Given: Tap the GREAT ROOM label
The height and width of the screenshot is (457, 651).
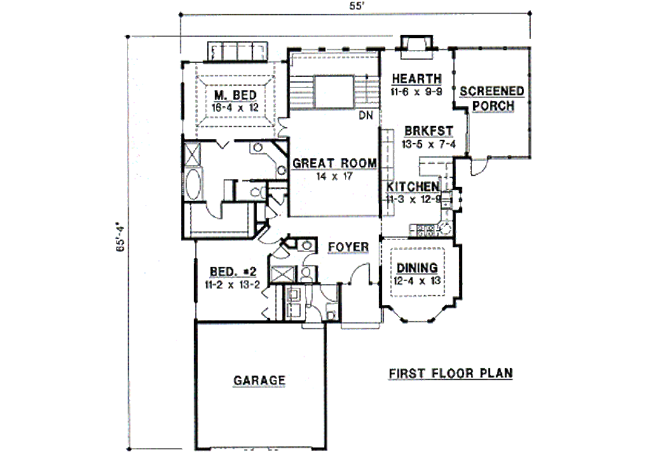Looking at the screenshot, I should (334, 163).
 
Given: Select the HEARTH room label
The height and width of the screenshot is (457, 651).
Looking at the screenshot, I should (416, 79).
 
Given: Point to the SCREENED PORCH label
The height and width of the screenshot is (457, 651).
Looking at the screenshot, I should (493, 99).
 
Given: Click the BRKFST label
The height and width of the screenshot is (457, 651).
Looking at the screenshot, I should (428, 131).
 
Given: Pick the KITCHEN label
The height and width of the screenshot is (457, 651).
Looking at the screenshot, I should (413, 186).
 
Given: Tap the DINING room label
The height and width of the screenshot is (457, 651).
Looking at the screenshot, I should (417, 268).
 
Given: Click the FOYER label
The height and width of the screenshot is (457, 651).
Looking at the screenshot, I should (348, 247).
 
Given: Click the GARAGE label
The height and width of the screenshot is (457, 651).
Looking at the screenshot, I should (259, 381).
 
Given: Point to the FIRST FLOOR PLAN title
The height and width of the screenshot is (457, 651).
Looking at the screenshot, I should (451, 373).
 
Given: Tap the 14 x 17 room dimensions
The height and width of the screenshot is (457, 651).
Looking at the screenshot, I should (334, 176).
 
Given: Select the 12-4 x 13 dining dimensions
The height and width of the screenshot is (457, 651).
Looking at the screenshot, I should (417, 280).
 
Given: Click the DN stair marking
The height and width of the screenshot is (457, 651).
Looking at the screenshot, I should (366, 115).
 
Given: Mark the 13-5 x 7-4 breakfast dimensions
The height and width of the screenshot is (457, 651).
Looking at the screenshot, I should (429, 144).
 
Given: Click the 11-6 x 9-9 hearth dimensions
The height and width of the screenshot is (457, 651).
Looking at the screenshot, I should (416, 92).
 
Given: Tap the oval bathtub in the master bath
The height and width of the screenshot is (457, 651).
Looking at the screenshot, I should (193, 184).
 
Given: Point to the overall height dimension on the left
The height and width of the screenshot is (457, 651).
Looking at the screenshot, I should (118, 238).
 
